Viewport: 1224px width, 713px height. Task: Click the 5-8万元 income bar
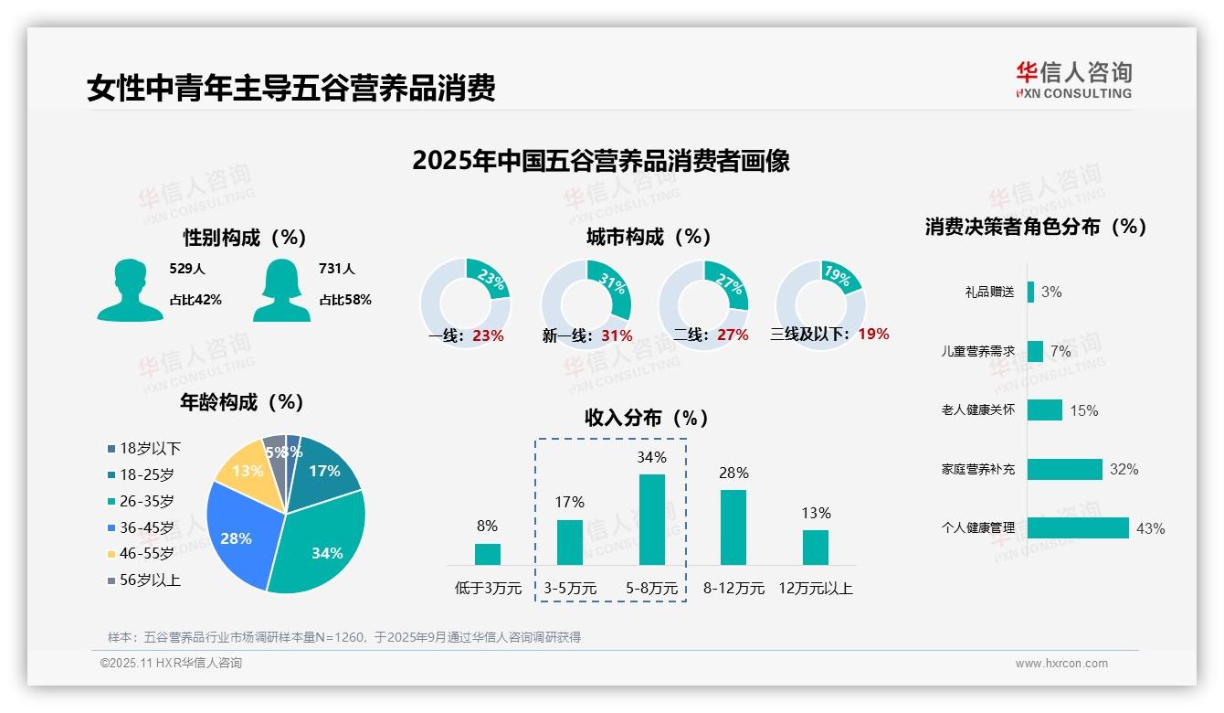coord(651,519)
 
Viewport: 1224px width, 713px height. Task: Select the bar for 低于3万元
coord(488,554)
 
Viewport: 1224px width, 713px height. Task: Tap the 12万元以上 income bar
coord(816,547)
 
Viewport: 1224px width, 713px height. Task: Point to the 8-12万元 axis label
coord(733,588)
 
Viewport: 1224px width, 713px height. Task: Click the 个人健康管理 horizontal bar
coord(1078,527)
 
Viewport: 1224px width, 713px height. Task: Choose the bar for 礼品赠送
coord(1030,292)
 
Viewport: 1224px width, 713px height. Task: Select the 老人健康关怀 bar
coord(1044,410)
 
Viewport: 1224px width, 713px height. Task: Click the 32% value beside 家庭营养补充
coord(1124,469)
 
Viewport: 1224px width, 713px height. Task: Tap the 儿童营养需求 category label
coord(977,351)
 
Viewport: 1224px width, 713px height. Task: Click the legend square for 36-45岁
coord(111,527)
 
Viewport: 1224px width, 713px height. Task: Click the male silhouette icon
coord(131,291)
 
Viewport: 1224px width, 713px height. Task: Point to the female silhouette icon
coord(281,291)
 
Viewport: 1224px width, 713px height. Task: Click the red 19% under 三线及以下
coord(873,334)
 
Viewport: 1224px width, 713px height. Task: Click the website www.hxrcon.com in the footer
coord(1061,664)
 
